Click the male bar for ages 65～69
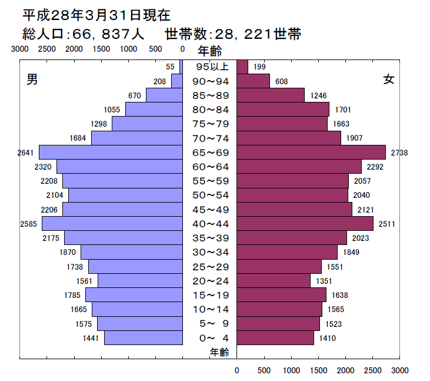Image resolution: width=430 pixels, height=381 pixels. (111, 153)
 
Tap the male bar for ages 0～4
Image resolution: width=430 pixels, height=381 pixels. (144, 338)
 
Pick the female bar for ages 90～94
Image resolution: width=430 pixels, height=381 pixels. (254, 81)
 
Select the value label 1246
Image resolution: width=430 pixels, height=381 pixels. (318, 95)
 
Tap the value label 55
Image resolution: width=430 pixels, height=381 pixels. (170, 67)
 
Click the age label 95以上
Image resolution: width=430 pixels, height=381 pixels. (211, 67)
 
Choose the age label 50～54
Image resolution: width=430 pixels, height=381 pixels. (211, 196)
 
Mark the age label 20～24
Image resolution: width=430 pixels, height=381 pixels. (211, 281)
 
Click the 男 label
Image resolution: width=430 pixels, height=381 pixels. (33, 79)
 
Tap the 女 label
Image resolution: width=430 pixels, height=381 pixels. (389, 79)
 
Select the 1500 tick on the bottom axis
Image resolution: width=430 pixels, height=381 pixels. (319, 371)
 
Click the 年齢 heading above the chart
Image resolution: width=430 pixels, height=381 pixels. (210, 51)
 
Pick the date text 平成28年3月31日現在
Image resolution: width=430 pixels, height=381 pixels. (96, 14)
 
